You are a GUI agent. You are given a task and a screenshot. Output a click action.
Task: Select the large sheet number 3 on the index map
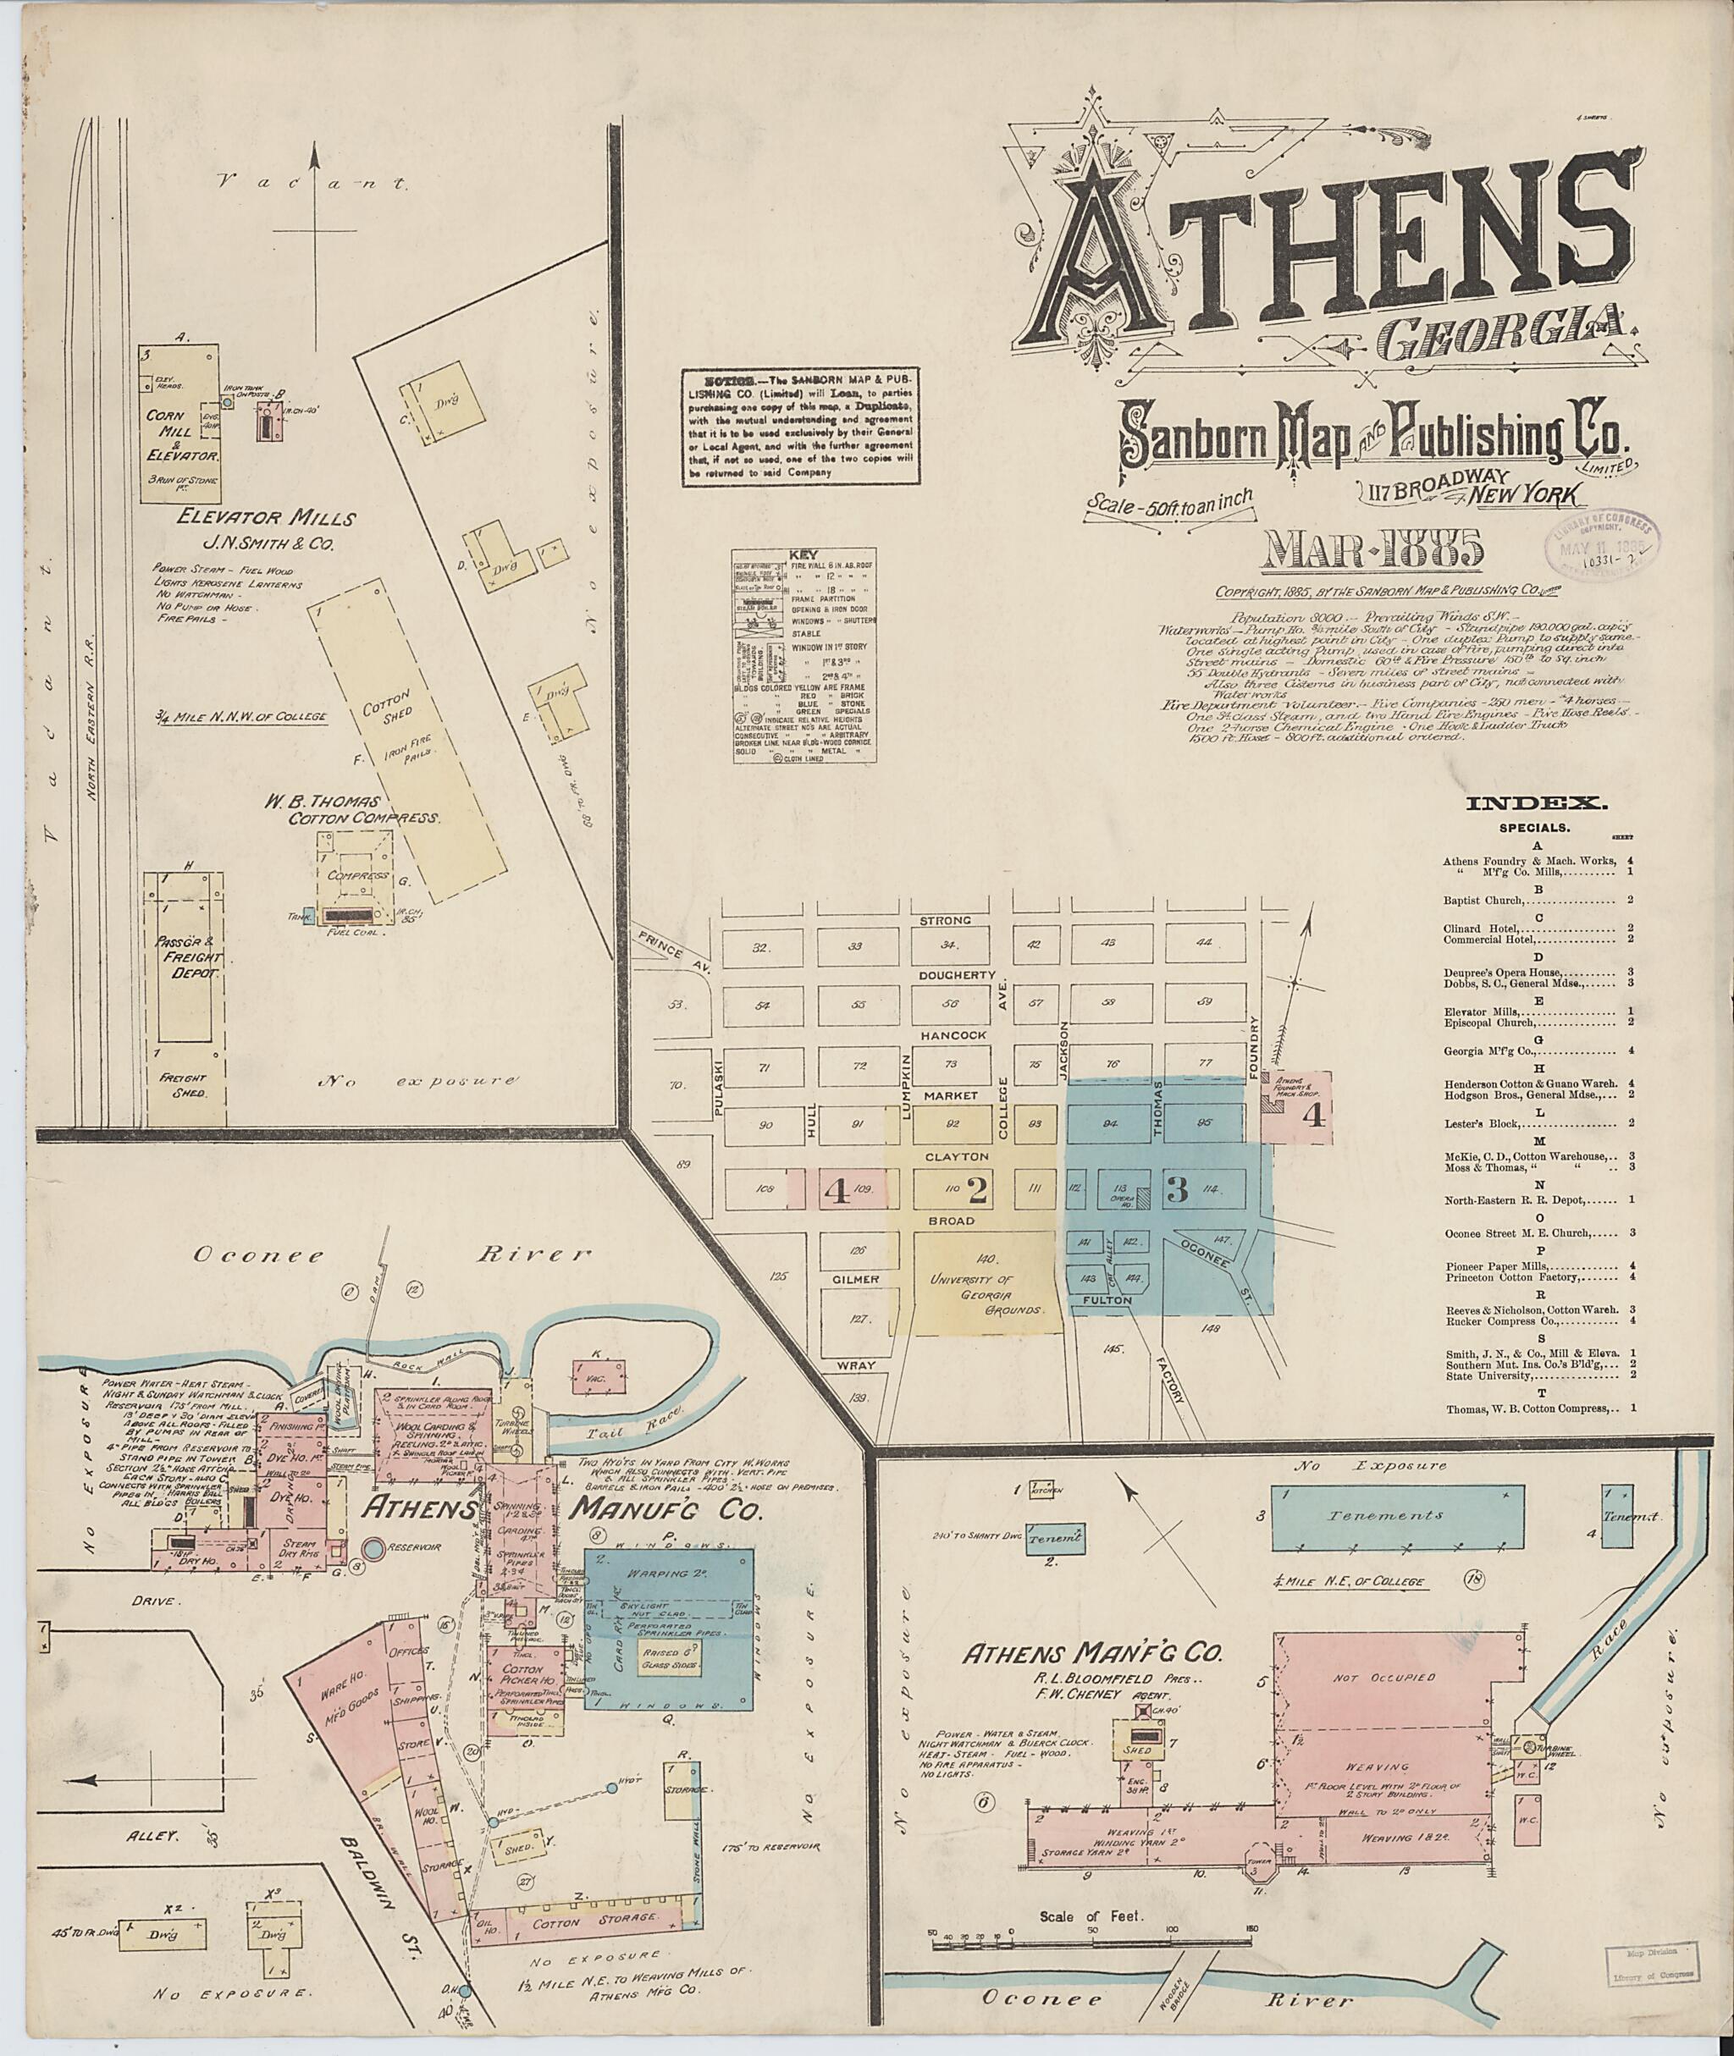pos(1177,1189)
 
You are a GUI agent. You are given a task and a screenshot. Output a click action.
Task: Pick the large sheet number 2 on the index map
pos(976,1190)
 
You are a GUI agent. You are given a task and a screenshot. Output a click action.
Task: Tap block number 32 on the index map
pos(758,948)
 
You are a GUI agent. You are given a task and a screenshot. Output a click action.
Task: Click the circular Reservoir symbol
pos(373,1549)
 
